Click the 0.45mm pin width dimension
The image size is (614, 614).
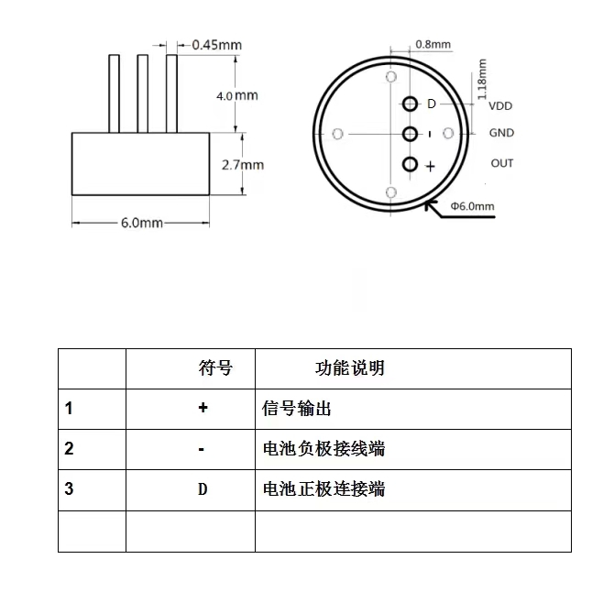coord(217,45)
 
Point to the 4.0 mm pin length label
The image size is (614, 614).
coord(237,95)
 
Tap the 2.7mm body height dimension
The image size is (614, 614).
coord(243,165)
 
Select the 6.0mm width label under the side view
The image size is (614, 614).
coord(142,223)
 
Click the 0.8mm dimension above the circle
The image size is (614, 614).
coord(433,44)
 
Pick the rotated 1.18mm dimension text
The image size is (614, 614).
coord(482,79)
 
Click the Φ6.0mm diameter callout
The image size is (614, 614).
coord(472,206)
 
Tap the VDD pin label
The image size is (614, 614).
coord(500,105)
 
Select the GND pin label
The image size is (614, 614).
coord(501,133)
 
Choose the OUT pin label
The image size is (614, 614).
coord(502,163)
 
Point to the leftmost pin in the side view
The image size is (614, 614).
coord(114,93)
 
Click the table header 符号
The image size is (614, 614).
coord(215,368)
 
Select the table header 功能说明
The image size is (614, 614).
coord(350,368)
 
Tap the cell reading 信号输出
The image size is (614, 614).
coord(296,409)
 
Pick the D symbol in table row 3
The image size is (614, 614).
coord(203,489)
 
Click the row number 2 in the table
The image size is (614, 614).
coord(69,449)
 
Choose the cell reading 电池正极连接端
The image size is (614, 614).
coord(323,489)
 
